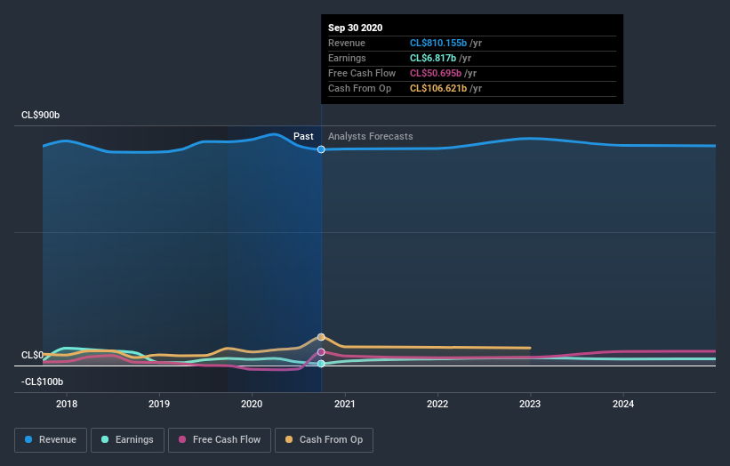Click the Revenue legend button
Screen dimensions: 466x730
click(x=51, y=439)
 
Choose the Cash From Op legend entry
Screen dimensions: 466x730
click(x=324, y=439)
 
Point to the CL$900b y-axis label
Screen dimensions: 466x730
click(x=42, y=116)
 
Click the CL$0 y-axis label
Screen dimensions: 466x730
click(x=33, y=355)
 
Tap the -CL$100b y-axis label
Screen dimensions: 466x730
click(x=44, y=382)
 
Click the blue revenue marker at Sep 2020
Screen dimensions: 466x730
click(x=321, y=149)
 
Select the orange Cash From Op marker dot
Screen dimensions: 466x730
click(x=321, y=337)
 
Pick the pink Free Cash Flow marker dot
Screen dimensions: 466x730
click(x=321, y=352)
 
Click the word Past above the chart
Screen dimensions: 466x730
click(x=303, y=136)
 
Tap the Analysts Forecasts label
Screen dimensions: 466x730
click(x=370, y=136)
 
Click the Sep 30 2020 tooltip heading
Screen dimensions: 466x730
click(x=355, y=28)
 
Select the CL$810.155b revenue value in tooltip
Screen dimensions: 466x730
click(x=438, y=43)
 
